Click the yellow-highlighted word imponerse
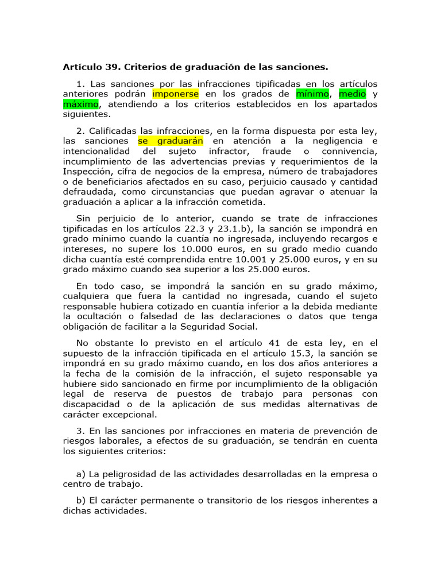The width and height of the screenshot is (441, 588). (x=176, y=94)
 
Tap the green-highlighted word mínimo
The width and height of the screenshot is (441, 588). (x=312, y=94)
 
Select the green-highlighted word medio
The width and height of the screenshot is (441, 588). (x=352, y=94)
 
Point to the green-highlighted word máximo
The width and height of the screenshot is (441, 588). (x=81, y=104)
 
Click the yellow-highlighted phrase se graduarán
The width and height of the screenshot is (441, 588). (x=171, y=141)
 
